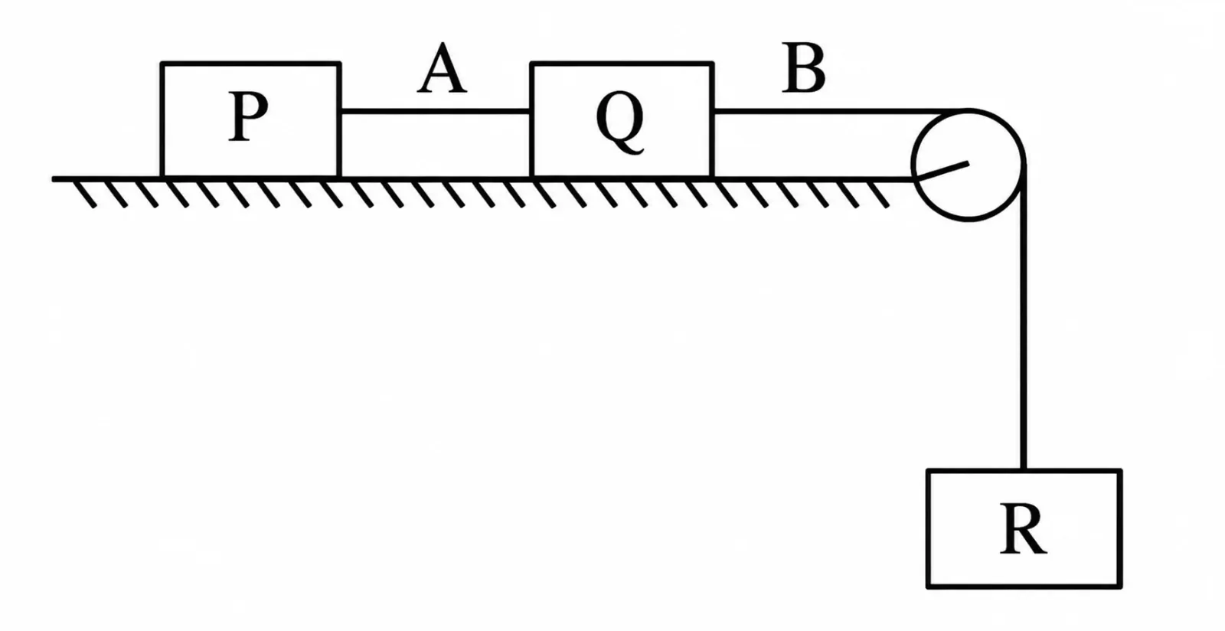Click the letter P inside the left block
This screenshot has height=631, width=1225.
click(x=248, y=116)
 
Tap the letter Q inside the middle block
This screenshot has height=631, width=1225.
click(x=620, y=123)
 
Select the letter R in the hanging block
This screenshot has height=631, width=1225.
click(x=1023, y=528)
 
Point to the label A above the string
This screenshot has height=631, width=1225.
click(x=442, y=68)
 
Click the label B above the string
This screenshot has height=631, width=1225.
click(x=803, y=68)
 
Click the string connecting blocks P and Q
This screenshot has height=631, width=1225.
click(x=436, y=111)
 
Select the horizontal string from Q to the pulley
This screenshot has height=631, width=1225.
click(x=840, y=112)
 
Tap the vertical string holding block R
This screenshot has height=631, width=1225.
click(x=1023, y=317)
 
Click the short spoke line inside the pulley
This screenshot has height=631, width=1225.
click(x=943, y=171)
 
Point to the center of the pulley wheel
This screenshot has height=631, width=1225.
click(x=968, y=165)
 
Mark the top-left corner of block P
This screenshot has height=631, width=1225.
click(x=162, y=64)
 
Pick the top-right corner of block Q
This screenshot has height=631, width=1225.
click(x=713, y=64)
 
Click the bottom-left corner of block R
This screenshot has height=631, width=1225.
click(x=929, y=587)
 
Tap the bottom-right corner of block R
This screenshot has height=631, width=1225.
click(x=1121, y=587)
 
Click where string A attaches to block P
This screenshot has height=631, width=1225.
click(x=341, y=111)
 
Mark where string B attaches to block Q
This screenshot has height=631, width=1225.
click(x=714, y=112)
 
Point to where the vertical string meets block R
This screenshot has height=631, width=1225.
click(x=1023, y=469)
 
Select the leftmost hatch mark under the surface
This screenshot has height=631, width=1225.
click(x=85, y=195)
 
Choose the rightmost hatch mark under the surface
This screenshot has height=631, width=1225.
click(x=877, y=195)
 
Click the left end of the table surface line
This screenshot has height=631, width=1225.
click(x=54, y=178)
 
